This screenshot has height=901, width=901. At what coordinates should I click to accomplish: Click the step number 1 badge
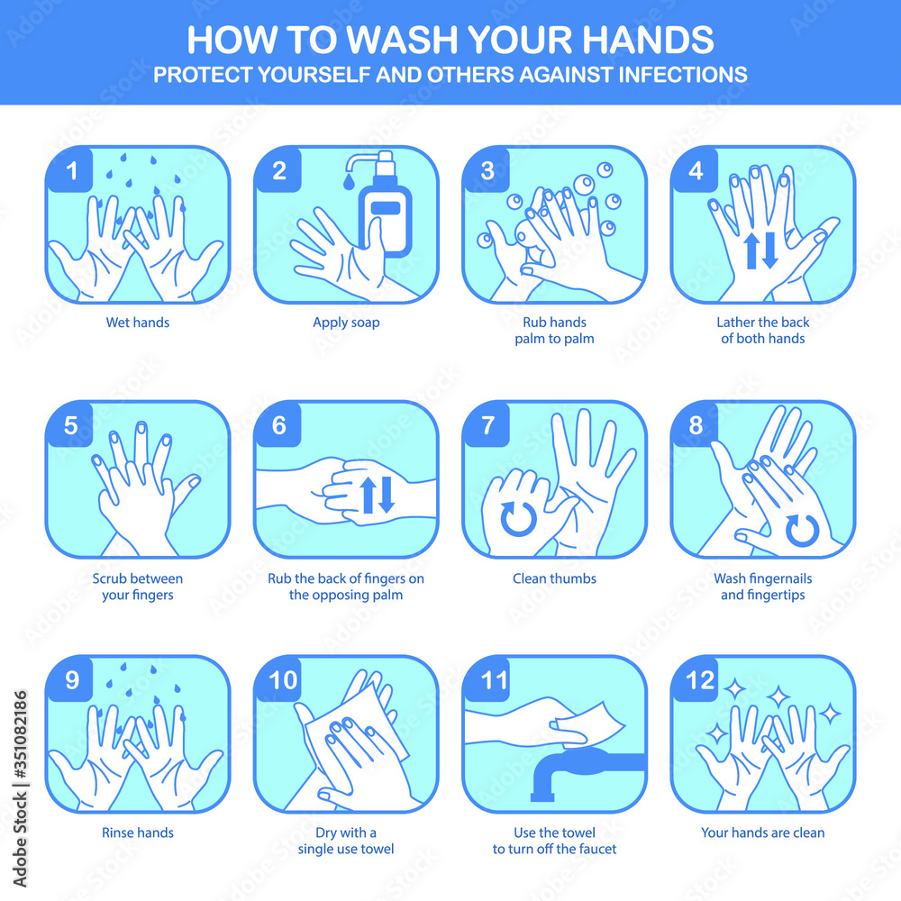[x=70, y=170]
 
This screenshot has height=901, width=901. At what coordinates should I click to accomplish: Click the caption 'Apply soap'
[x=346, y=323]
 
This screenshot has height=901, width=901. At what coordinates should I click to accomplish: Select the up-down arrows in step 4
[x=760, y=250]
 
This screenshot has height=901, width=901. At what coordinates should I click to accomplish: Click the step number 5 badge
[x=70, y=425]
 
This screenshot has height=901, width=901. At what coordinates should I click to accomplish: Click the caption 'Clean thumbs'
[x=554, y=578]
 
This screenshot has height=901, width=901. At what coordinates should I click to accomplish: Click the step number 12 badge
[x=696, y=680]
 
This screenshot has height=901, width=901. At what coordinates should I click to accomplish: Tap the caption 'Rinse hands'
[x=137, y=833]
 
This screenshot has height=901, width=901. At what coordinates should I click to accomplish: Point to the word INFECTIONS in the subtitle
[x=678, y=75]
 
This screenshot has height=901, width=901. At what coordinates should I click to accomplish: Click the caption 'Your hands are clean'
[x=762, y=833]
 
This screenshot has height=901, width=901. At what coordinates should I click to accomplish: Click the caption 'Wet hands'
[x=137, y=323]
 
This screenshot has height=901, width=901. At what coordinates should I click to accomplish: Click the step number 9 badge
[x=70, y=680]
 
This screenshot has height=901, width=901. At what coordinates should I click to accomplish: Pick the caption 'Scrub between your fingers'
[x=137, y=587]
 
